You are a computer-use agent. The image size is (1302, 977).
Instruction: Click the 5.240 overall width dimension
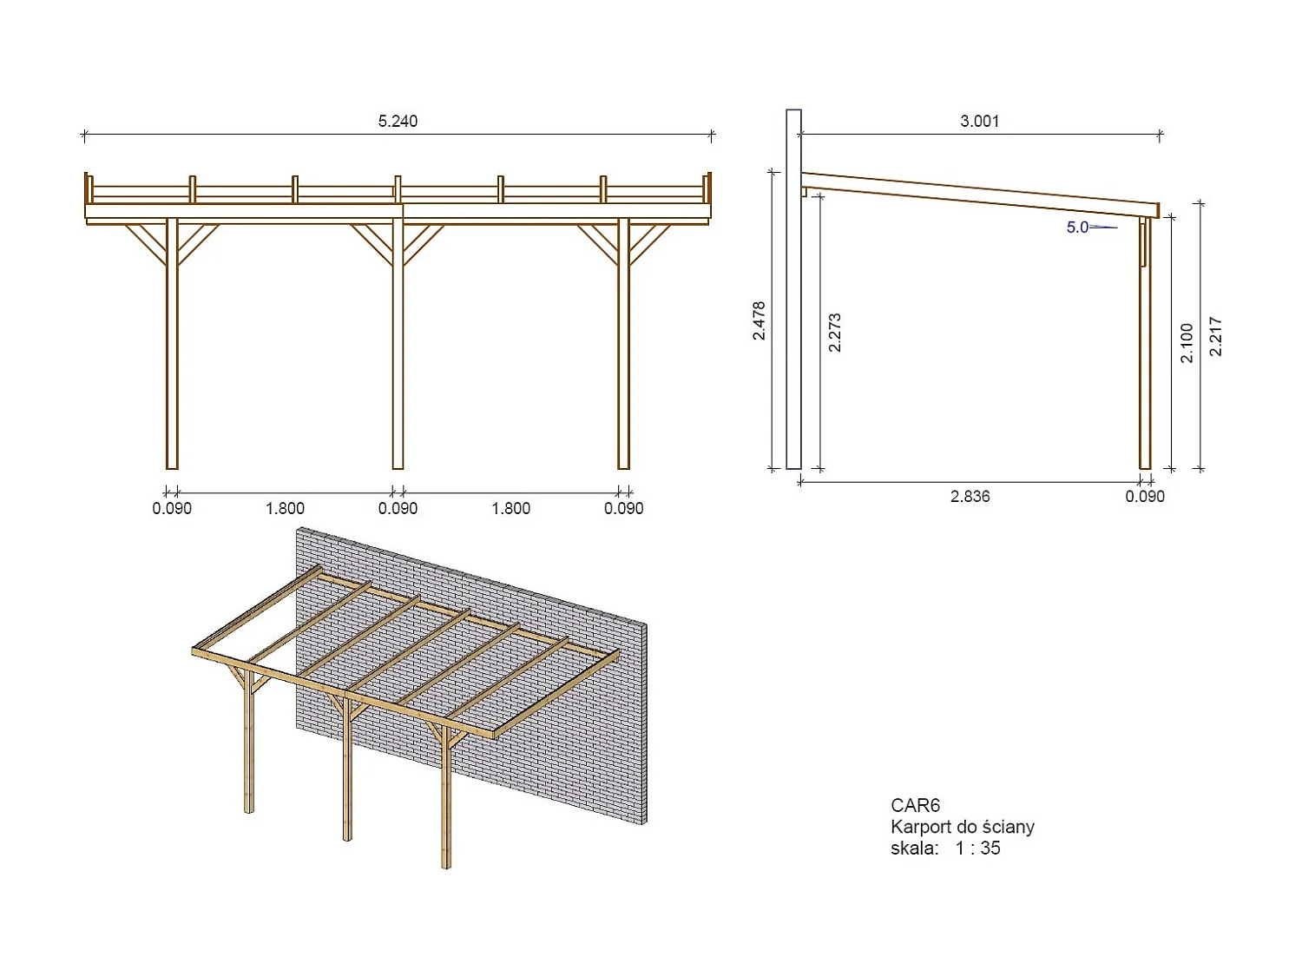[x=398, y=122]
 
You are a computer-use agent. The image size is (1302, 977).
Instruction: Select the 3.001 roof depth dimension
[x=979, y=122]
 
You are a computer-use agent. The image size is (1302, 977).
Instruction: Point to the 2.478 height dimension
[x=759, y=320]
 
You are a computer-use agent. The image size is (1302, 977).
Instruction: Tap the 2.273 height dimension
[x=835, y=333]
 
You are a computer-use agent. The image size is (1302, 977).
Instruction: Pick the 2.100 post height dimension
[x=1187, y=342]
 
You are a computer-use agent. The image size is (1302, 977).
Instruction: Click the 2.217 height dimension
[x=1216, y=336]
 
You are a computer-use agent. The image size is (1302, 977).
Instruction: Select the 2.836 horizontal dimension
[x=970, y=497]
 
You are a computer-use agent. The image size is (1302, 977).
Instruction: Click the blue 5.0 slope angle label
[x=1077, y=228]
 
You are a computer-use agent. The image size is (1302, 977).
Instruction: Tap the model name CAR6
[x=915, y=806]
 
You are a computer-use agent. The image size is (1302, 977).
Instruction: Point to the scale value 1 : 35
[x=977, y=848]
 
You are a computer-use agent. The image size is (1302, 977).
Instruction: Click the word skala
[x=914, y=848]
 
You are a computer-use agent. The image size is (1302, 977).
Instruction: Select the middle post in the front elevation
[x=398, y=347]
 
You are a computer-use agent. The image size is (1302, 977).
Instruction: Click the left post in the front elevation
[x=172, y=347]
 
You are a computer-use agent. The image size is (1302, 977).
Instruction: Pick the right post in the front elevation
[x=623, y=347]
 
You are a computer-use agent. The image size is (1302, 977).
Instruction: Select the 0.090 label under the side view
[x=1145, y=497]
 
